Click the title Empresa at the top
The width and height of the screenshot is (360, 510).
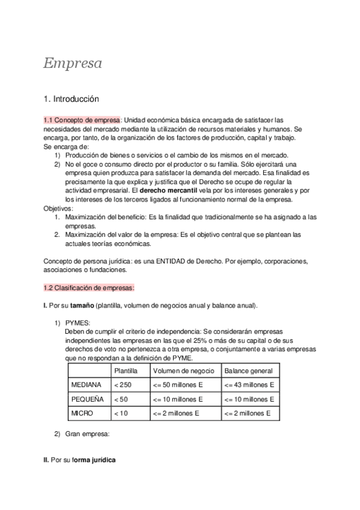click(72, 63)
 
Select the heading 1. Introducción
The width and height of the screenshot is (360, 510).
click(71, 99)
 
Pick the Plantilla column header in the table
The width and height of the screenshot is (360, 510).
click(126, 371)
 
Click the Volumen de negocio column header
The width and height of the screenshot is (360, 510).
click(183, 371)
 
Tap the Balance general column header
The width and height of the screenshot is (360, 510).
click(248, 371)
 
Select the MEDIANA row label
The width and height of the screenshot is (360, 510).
click(87, 385)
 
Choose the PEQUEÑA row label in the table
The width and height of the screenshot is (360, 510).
click(87, 399)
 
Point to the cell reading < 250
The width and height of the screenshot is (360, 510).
click(123, 385)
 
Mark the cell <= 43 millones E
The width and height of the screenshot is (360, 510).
click(249, 385)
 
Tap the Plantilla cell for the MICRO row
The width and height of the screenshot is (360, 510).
click(121, 413)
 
